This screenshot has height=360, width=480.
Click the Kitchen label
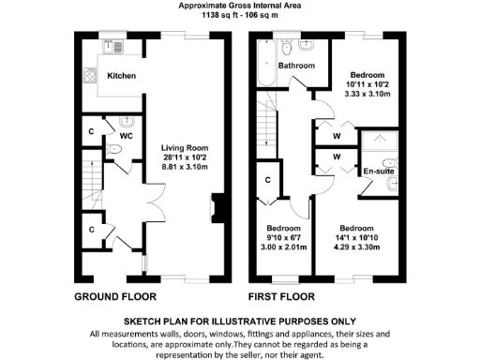point(122,75)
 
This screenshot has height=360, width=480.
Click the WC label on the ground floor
point(125,135)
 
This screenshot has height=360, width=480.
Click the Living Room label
point(183,148)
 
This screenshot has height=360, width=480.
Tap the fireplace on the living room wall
point(217,206)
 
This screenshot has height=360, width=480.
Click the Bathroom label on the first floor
point(293,66)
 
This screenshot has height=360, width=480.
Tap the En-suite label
point(377,172)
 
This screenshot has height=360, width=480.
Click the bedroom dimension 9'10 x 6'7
point(281,238)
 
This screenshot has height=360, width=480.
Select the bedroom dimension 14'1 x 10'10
point(357,238)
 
